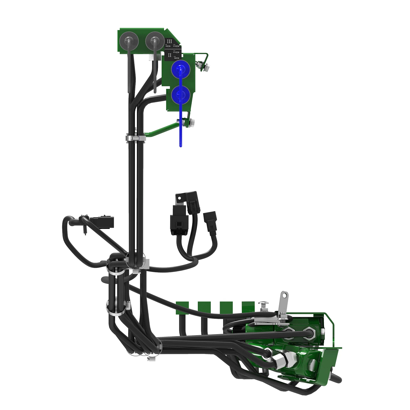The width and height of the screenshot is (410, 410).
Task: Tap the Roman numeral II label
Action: coord(170,54)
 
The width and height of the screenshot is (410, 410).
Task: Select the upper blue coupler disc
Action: coord(180,69)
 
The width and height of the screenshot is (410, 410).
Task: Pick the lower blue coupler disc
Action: coord(180,95)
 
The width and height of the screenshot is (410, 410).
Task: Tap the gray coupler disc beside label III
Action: coord(154,41)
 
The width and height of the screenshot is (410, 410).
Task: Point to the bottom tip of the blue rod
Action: coord(181,145)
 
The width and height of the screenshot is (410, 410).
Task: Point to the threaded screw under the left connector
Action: coord(84,230)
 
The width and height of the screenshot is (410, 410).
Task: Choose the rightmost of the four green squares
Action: coord(248,306)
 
